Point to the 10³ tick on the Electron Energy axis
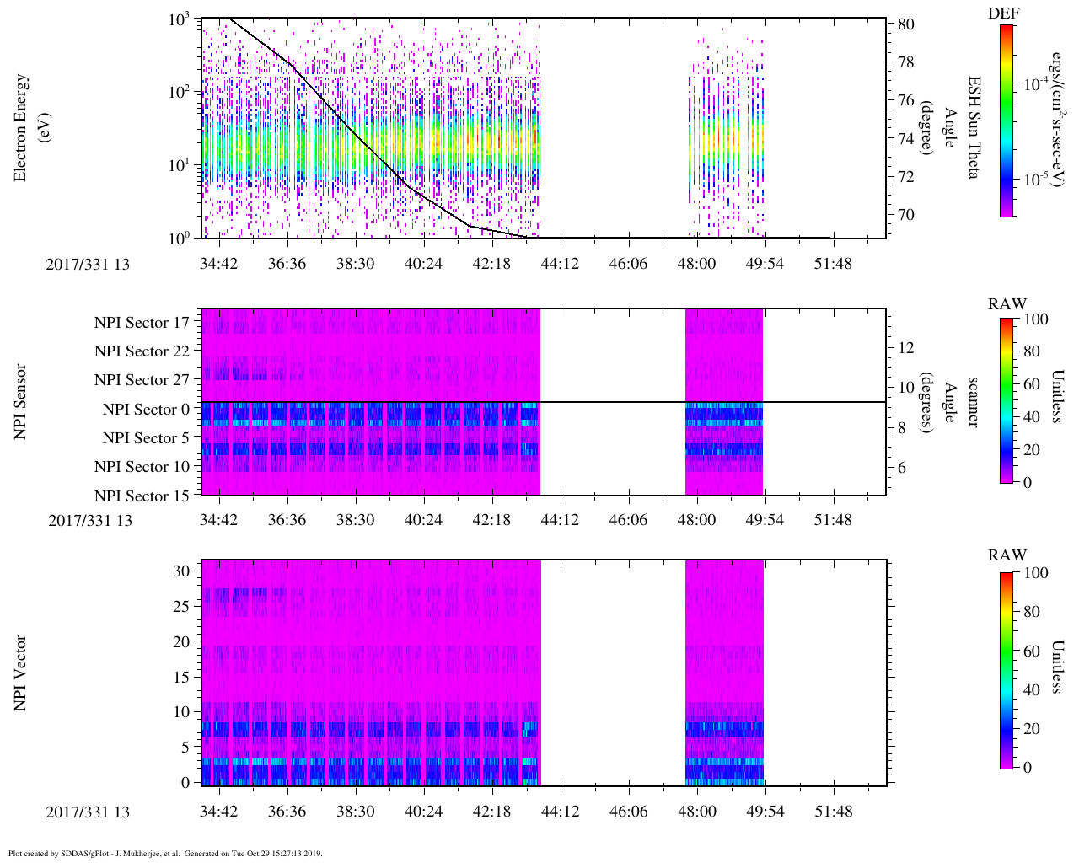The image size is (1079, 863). click(179, 19)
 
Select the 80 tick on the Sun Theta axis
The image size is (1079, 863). click(905, 24)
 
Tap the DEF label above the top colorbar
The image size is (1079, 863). click(1004, 13)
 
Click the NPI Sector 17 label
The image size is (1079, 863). click(142, 322)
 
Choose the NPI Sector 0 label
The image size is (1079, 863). click(146, 410)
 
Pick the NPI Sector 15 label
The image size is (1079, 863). click(142, 496)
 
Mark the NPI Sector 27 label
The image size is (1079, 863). click(142, 380)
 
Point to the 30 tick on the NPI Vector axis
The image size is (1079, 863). click(182, 571)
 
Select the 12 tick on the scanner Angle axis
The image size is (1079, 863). click(906, 347)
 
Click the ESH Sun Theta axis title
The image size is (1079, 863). click(974, 127)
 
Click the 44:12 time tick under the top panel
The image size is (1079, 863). click(560, 264)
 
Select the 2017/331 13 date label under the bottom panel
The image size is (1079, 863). click(88, 812)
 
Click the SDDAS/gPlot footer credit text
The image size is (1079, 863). click(165, 853)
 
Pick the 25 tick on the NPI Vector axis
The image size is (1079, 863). click(182, 606)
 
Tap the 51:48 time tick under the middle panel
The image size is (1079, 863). click(833, 520)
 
